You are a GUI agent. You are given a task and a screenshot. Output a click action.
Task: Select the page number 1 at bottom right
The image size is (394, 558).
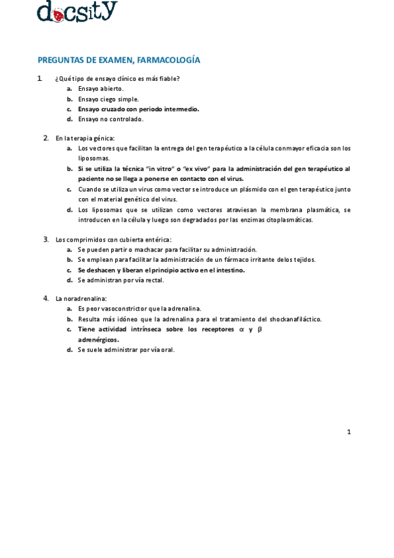349,432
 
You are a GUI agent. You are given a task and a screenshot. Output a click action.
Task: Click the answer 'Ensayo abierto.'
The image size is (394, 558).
101,88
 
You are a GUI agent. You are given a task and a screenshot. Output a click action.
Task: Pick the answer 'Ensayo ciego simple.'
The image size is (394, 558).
109,99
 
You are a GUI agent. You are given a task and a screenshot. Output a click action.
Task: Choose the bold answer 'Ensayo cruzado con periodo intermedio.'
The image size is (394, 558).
138,109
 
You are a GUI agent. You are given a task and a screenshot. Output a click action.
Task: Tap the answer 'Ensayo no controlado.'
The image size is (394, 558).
111,119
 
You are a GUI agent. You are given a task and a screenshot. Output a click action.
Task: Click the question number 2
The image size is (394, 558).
46,138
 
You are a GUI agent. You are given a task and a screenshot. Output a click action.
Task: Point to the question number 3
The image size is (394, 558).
46,239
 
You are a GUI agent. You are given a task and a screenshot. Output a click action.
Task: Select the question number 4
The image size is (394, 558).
46,298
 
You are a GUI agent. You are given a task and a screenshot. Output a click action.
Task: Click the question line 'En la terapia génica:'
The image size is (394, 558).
85,138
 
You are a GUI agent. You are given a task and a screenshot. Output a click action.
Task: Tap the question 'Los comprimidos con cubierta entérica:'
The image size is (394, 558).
113,240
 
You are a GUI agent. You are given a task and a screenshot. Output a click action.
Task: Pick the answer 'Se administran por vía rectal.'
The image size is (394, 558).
120,280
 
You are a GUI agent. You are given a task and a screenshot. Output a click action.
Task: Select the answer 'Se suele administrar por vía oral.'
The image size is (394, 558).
126,350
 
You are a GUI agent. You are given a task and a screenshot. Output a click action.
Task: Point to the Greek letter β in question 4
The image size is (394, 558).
259,329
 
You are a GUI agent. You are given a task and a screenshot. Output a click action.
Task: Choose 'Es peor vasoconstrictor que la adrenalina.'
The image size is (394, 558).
139,309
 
